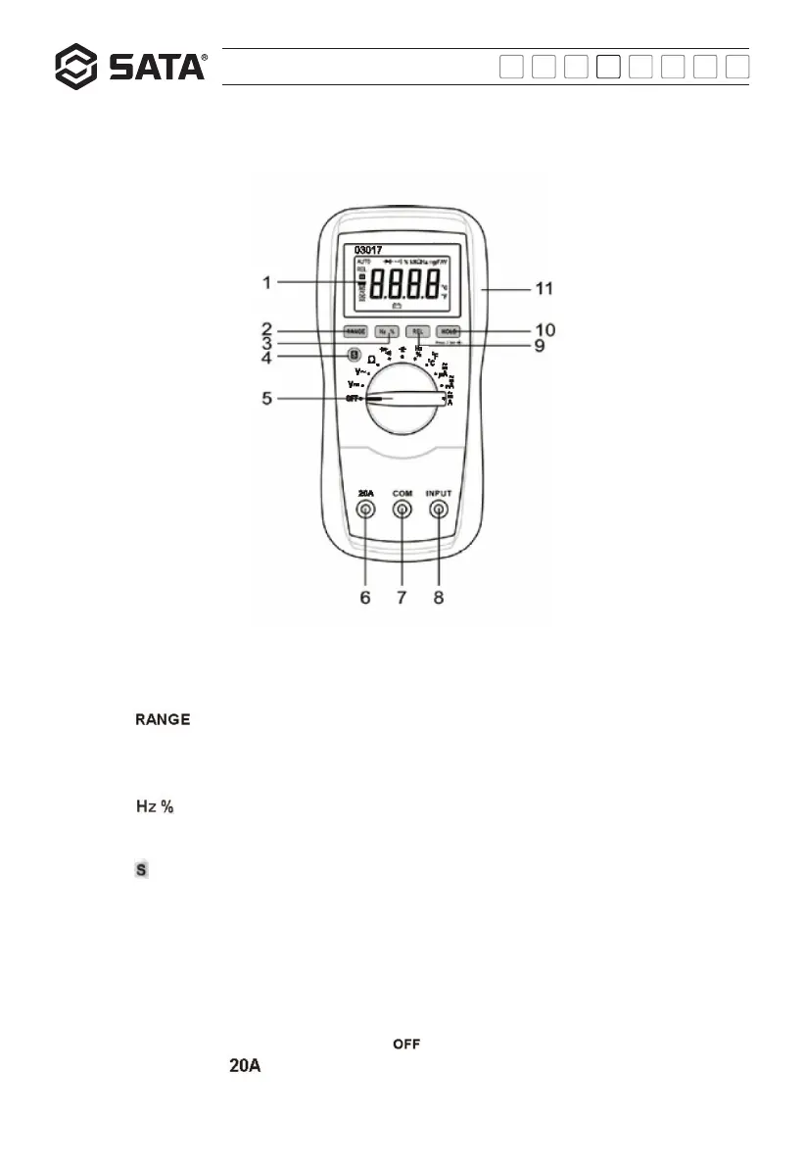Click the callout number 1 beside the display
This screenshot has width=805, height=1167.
tap(267, 283)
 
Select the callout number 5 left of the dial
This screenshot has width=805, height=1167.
tap(267, 398)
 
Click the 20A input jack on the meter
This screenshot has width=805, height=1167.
tap(365, 510)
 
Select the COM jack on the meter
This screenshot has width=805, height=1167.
tap(402, 510)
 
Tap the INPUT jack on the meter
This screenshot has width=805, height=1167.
tap(438, 510)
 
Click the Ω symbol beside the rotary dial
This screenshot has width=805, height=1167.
tap(372, 361)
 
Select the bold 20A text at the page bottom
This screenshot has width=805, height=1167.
tap(245, 1065)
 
